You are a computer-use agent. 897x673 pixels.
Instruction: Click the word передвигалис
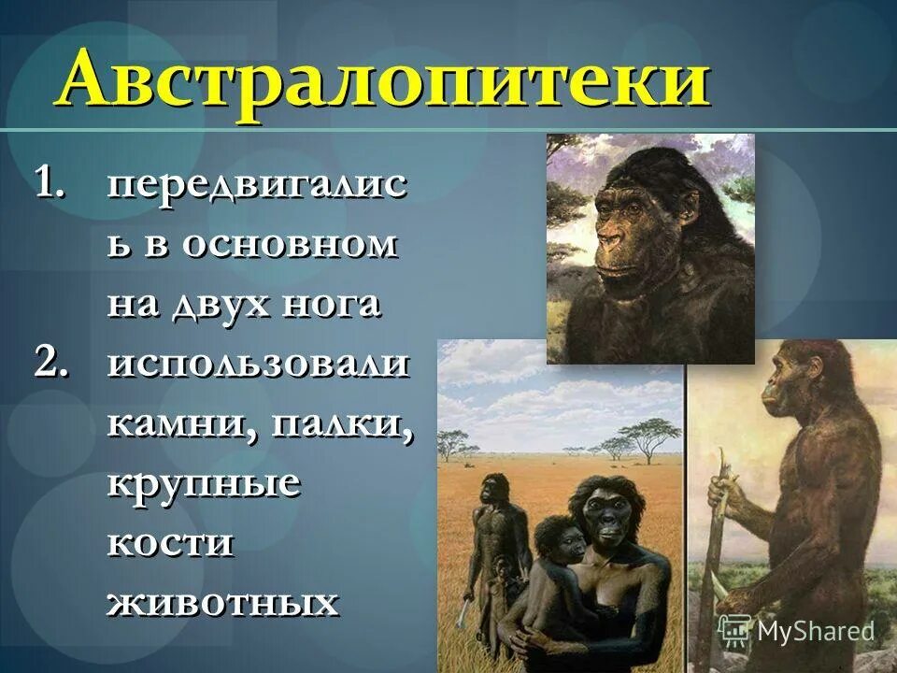[256, 185]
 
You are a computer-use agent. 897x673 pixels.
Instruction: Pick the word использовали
[258, 363]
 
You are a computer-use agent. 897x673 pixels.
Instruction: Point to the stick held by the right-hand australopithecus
[717, 523]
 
